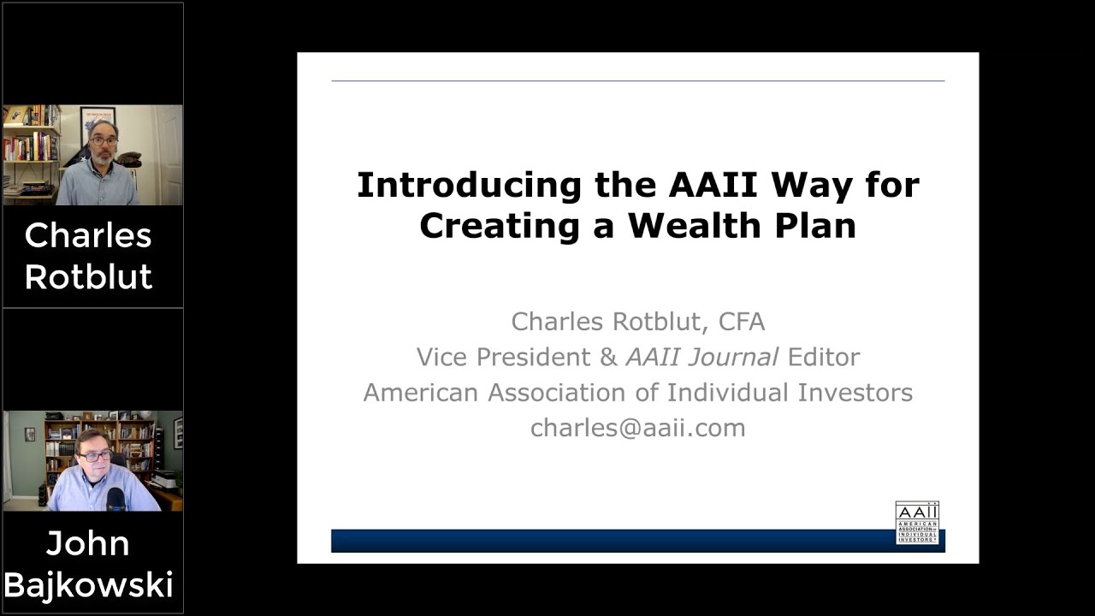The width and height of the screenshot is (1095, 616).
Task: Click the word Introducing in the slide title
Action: pos(434,185)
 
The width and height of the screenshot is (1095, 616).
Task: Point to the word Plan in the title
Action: pos(815,225)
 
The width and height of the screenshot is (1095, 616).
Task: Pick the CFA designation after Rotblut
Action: pos(742,322)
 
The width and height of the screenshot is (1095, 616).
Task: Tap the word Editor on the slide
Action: pos(823,357)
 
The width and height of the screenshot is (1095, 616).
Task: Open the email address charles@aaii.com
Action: pos(637,428)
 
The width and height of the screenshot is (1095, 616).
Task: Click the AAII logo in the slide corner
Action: pos(916,523)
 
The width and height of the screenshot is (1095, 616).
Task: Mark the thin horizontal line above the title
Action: pos(637,81)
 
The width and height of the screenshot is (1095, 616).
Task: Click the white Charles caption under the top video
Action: pos(88,235)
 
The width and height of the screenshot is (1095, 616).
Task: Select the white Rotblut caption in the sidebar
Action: pos(88,276)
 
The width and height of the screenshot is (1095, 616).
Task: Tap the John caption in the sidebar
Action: pos(88,543)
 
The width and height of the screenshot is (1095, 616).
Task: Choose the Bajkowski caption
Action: pos(88,584)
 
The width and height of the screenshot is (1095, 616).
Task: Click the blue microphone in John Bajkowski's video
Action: pos(115,498)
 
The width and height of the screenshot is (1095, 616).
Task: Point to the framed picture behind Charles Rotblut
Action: pos(98,123)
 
